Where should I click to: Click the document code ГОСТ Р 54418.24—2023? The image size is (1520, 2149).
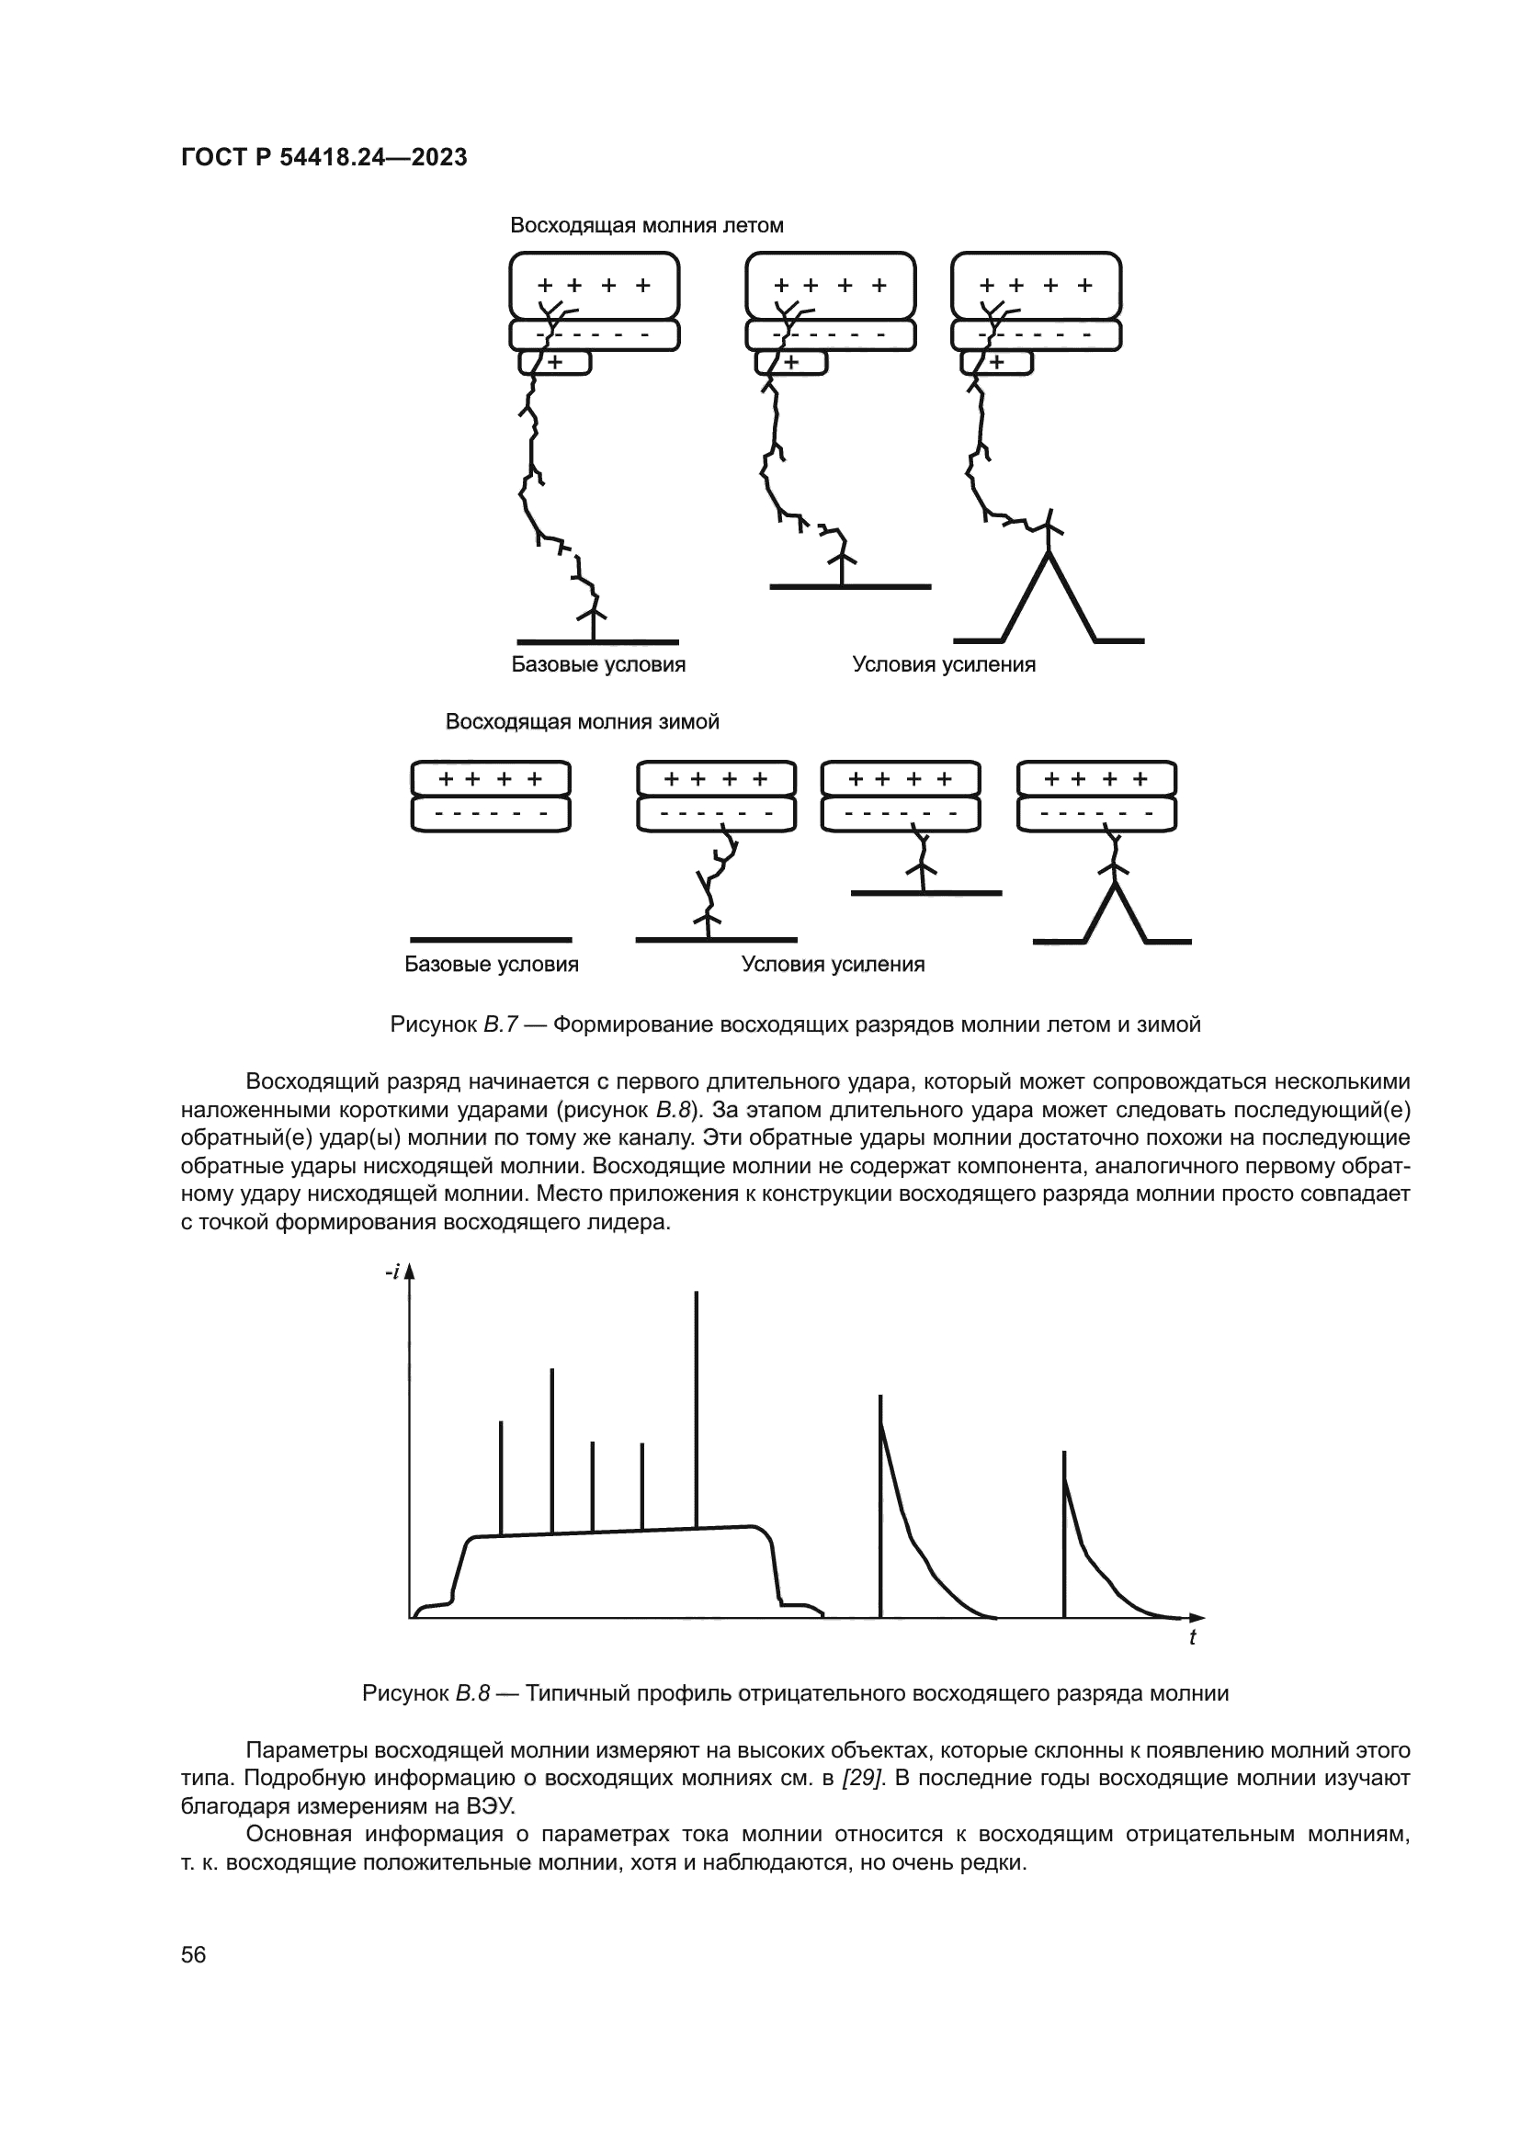coord(323,158)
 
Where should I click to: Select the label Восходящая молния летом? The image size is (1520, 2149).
coord(646,226)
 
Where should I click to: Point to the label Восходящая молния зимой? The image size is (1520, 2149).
coord(581,721)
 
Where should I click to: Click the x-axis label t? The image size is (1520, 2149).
coord(1192,1638)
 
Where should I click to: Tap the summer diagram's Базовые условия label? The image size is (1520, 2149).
coord(598,664)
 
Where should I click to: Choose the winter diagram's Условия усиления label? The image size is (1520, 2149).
coord(833,964)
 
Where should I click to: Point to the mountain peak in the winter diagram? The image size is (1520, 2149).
coord(1113,886)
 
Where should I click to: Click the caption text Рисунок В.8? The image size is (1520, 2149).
coord(425,1693)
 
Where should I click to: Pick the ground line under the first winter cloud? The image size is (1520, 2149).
coord(492,939)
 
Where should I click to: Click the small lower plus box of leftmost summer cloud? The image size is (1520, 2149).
coord(556,362)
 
